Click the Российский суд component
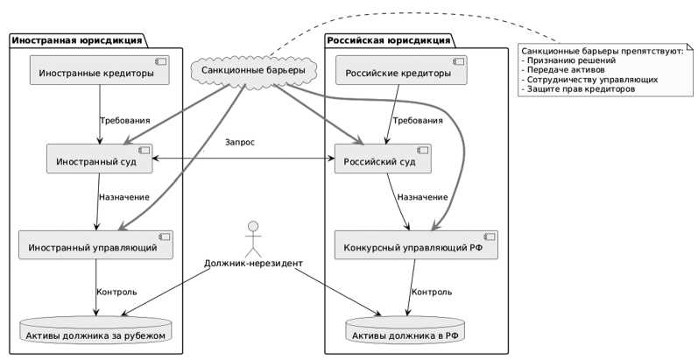pyautogui.click(x=387, y=160)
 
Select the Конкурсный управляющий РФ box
pyautogui.click(x=416, y=247)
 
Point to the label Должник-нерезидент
pyautogui.click(x=253, y=263)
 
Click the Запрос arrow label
pyautogui.click(x=240, y=142)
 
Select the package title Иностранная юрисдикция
pyautogui.click(x=78, y=40)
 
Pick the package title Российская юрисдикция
pyautogui.click(x=388, y=40)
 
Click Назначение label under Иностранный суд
pyautogui.click(x=124, y=197)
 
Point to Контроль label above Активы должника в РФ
pyautogui.click(x=432, y=292)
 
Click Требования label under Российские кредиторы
pyautogui.click(x=418, y=121)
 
